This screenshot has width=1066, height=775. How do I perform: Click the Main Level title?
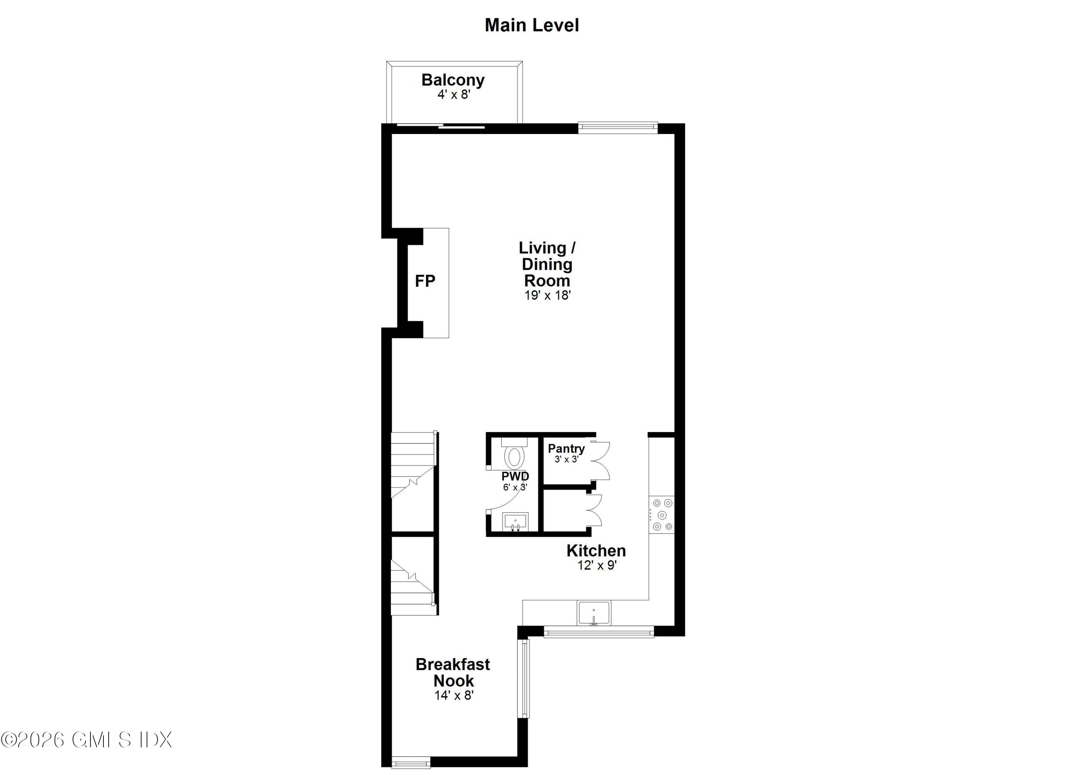[532, 25]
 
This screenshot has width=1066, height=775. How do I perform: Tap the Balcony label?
[453, 80]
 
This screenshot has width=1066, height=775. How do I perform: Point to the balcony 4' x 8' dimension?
[453, 95]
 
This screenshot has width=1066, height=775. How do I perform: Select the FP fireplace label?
[425, 281]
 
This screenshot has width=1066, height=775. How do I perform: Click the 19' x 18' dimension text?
[547, 295]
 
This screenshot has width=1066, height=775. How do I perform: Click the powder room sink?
[516, 521]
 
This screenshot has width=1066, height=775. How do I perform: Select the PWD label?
[515, 476]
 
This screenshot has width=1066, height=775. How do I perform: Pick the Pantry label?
[566, 448]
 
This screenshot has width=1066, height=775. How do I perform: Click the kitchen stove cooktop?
[662, 515]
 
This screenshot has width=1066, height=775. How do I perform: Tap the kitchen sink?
[594, 613]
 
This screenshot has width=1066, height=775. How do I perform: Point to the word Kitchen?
[596, 551]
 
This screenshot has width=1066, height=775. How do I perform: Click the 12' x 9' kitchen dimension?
[597, 565]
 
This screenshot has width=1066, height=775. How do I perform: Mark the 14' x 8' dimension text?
[453, 695]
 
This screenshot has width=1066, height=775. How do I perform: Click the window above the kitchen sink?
[598, 633]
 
